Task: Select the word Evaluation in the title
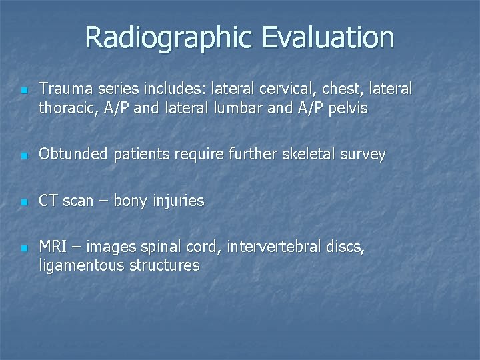(x=327, y=38)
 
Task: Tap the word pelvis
(x=347, y=108)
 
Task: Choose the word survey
(x=361, y=155)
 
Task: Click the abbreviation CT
(x=49, y=201)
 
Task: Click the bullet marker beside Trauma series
(x=23, y=90)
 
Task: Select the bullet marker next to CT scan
(x=23, y=202)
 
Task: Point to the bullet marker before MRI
(x=23, y=249)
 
